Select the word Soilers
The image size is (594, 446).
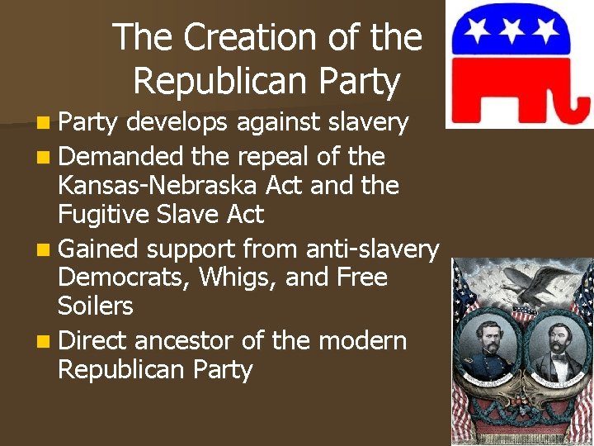[95, 306]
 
